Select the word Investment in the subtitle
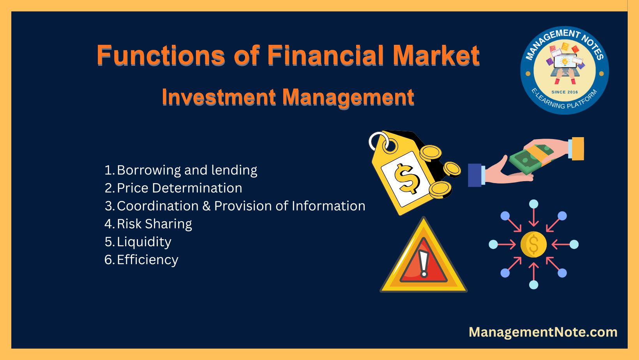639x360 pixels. pos(219,97)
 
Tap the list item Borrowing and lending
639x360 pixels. pos(187,170)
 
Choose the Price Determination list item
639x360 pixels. pos(180,188)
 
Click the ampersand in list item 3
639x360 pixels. pos(206,206)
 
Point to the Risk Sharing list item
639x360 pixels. pos(154,224)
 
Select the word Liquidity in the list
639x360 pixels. pos(144,242)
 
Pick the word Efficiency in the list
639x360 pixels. pos(148,260)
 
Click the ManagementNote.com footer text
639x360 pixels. pos(543,332)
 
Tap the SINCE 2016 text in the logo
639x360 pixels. pos(565,92)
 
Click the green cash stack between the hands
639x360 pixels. pos(531,159)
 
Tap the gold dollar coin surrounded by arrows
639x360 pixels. pos(533,244)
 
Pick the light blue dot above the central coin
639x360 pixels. pos(533,204)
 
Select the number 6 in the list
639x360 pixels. pos(108,260)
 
